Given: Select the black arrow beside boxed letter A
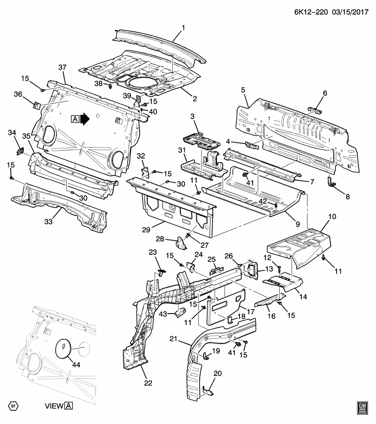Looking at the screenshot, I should (x=85, y=118).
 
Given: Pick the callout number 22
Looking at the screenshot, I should (x=148, y=383).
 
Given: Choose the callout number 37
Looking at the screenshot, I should (x=62, y=67).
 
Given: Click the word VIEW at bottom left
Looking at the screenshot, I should (x=54, y=406).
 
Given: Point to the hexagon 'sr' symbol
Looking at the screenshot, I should (x=13, y=406).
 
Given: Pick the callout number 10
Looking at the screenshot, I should (x=332, y=217).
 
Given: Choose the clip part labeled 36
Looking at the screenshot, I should (x=38, y=104).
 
